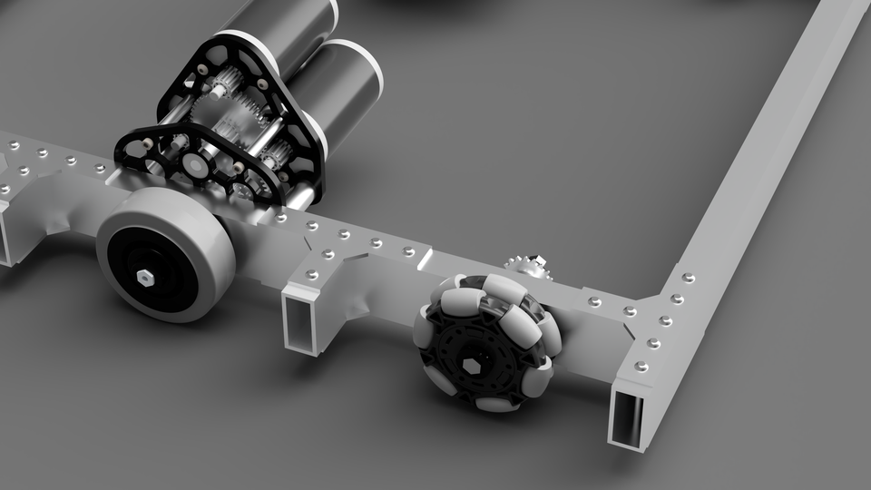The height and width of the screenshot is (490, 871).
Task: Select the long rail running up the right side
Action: coord(771,145)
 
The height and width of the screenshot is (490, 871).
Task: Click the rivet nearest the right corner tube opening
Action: coord(641,366)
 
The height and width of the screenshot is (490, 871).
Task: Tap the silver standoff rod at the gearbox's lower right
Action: coord(299,192)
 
